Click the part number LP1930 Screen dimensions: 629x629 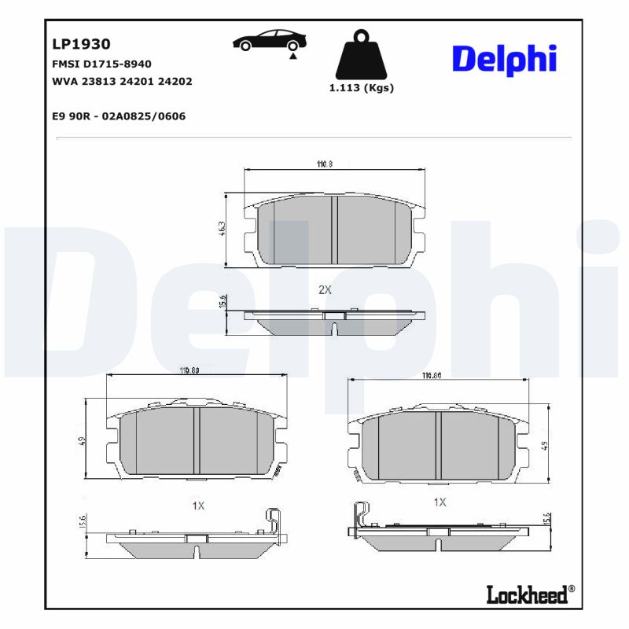coord(81,45)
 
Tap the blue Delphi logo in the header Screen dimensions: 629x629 coord(504,60)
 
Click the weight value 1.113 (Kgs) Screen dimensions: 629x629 coord(361,88)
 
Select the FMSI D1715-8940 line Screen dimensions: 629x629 coord(101,64)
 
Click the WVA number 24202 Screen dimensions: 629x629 coord(176,81)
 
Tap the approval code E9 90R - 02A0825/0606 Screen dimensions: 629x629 coord(119,116)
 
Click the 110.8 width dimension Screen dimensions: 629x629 coord(325,164)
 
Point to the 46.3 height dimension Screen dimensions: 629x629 coord(223,229)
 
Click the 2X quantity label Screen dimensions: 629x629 coord(325,289)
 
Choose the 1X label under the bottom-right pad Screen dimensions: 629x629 coord(440,502)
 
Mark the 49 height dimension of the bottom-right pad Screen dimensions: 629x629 coord(545,446)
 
